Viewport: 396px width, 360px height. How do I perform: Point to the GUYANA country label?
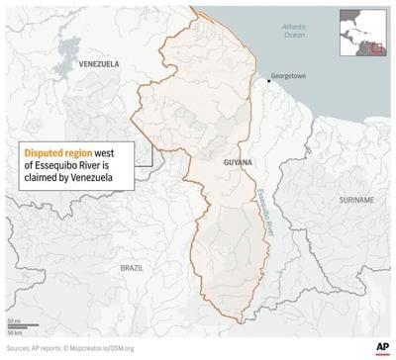click(x=238, y=161)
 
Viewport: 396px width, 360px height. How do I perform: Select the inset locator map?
click(x=363, y=35)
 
